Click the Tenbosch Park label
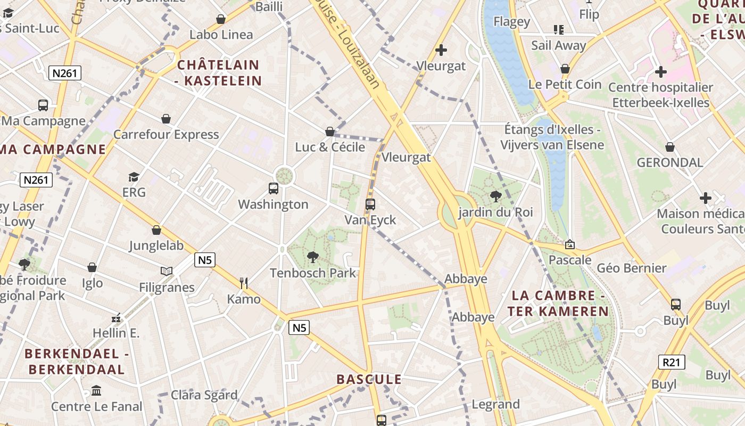(x=312, y=273)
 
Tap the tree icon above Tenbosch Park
(x=313, y=258)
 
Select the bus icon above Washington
(x=274, y=189)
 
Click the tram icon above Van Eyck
(x=370, y=204)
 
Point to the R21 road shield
(x=672, y=363)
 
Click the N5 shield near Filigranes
(x=205, y=260)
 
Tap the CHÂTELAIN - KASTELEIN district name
(x=219, y=73)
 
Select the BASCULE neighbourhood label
(x=369, y=380)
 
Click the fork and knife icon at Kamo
(x=244, y=283)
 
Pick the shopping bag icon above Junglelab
(x=156, y=230)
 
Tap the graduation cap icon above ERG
(x=134, y=177)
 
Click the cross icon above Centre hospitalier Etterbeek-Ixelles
(x=661, y=71)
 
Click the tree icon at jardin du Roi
(x=495, y=196)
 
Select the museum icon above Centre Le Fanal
(x=96, y=391)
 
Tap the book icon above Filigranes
(x=167, y=272)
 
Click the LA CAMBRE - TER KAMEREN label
(x=558, y=304)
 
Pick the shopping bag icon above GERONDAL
(x=670, y=147)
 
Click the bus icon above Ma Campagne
(x=43, y=105)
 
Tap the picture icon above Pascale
(x=570, y=244)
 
